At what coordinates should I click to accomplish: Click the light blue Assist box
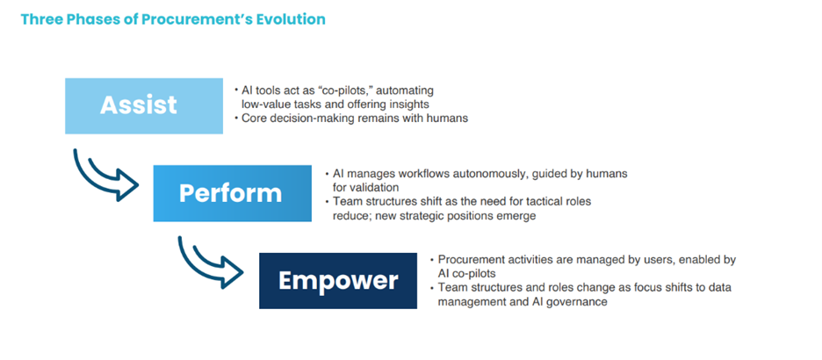(x=144, y=106)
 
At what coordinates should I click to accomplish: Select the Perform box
(x=232, y=193)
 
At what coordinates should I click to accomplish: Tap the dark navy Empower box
(x=338, y=281)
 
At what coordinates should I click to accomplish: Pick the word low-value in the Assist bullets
(x=265, y=104)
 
